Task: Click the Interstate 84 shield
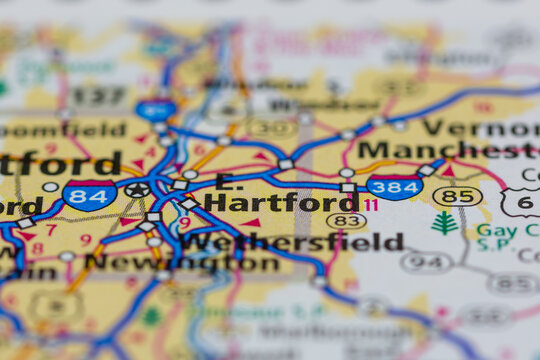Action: [x=88, y=195]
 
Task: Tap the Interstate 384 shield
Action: [x=394, y=186]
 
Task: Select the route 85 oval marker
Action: [x=457, y=197]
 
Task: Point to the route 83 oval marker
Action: [x=346, y=221]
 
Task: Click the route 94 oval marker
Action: [x=426, y=262]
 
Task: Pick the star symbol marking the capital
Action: [x=137, y=189]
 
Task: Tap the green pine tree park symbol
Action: [x=444, y=223]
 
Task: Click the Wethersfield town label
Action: [x=292, y=242]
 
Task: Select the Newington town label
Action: [x=182, y=263]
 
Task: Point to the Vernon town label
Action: [x=480, y=127]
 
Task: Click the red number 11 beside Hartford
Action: [x=371, y=205]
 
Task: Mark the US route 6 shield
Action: [x=522, y=202]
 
